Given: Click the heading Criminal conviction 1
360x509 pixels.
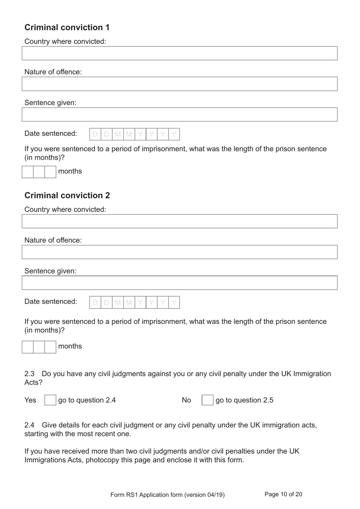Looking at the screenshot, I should click(x=67, y=27).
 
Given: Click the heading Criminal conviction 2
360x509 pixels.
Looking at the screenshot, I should click(x=67, y=195).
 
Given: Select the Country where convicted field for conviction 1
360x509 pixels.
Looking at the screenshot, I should click(x=179, y=53).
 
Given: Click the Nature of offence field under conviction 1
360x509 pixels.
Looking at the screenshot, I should click(x=179, y=84).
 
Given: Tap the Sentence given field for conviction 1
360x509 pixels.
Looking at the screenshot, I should click(x=179, y=115).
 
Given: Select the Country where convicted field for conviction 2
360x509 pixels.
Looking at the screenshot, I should click(x=179, y=222).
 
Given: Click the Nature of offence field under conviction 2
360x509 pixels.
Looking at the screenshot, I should click(x=179, y=252).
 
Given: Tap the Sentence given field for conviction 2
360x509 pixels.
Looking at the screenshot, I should click(x=179, y=283).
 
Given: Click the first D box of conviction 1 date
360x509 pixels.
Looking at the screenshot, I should click(x=95, y=134).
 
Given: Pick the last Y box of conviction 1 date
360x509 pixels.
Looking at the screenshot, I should click(x=174, y=134).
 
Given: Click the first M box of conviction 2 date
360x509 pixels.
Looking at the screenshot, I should click(x=118, y=302).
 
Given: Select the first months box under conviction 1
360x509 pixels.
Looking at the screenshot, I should click(x=28, y=172).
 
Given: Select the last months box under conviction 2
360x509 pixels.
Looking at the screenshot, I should click(x=50, y=347).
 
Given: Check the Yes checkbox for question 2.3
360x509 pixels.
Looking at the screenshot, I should click(x=50, y=400).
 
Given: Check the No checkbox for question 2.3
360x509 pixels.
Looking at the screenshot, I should click(x=207, y=400).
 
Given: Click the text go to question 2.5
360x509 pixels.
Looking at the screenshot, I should click(x=244, y=400).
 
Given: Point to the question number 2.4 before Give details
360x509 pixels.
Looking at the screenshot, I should click(x=30, y=425).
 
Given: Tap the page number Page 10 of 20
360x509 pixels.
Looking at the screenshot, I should click(x=283, y=494).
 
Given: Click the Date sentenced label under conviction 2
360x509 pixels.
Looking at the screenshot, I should click(x=51, y=302).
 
